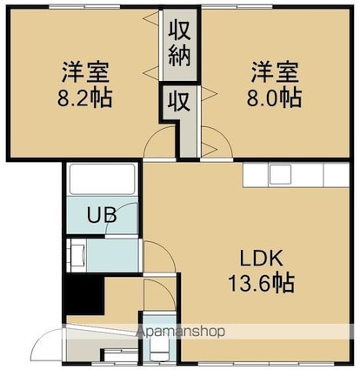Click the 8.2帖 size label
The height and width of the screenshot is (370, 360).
click(x=84, y=98)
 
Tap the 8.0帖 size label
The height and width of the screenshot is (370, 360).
click(x=274, y=98)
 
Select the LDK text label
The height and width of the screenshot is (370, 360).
click(x=261, y=259)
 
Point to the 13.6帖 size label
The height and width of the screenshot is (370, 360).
click(x=262, y=282)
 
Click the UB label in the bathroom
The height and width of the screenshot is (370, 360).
click(x=102, y=215)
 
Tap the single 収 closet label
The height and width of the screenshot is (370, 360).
click(x=179, y=101)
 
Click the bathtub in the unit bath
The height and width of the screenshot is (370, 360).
click(x=103, y=179)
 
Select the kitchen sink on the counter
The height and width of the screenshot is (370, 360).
click(x=280, y=174)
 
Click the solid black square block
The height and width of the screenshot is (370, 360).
click(x=84, y=294)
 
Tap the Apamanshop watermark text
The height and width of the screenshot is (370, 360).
click(x=181, y=331)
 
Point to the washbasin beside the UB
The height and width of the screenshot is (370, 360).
click(x=77, y=255)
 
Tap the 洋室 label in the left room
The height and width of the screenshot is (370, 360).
click(x=85, y=72)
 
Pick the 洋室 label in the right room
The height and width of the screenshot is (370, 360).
click(x=275, y=72)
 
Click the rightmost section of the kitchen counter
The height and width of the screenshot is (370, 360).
click(x=336, y=175)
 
